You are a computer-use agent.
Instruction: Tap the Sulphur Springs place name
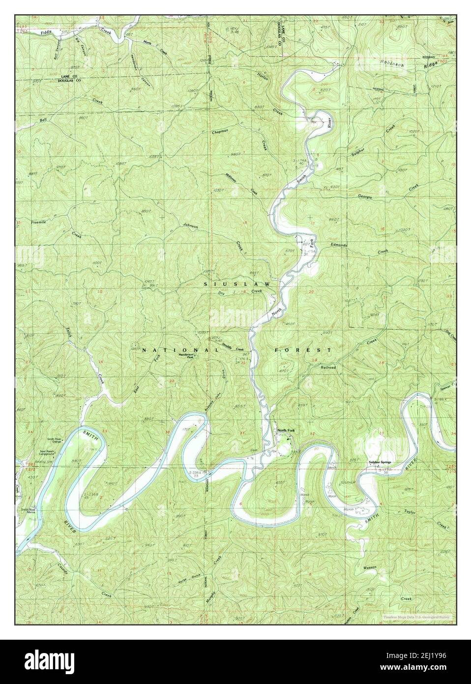pos(382,462)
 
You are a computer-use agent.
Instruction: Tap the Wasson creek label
pos(370,567)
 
